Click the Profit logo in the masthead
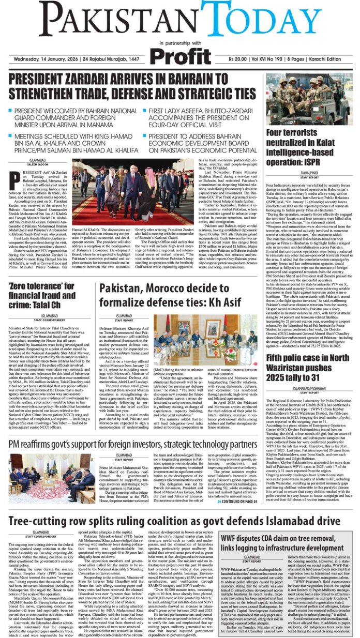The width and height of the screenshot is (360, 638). [x=179, y=56]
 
